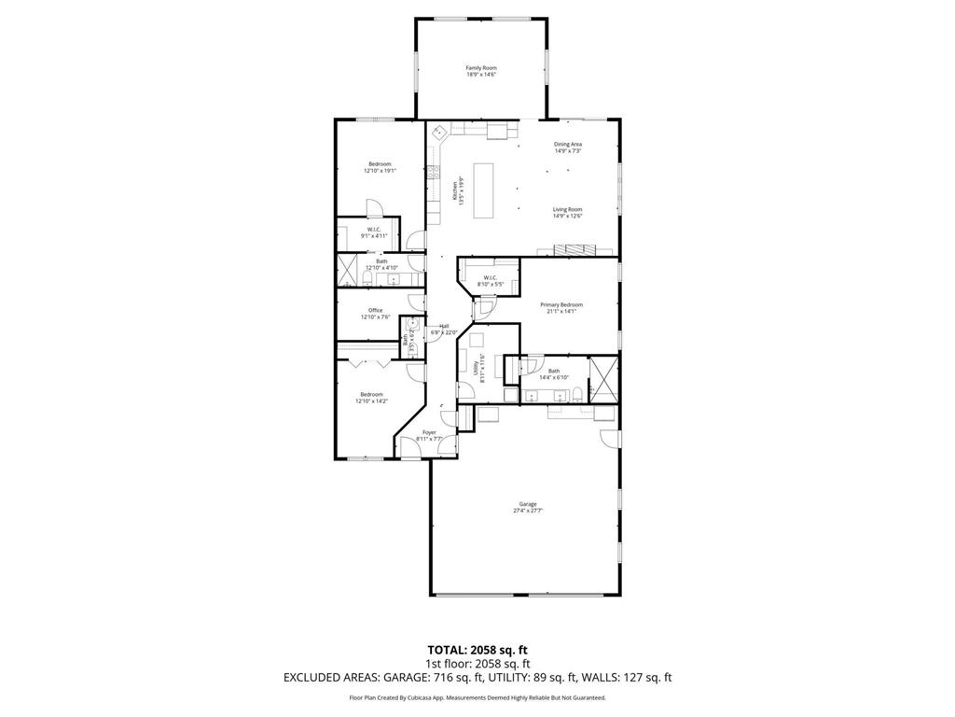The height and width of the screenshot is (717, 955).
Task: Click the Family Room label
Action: point(481,68)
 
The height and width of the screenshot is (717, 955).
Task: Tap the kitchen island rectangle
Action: point(484,190)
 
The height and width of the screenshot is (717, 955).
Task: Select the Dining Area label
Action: point(568,144)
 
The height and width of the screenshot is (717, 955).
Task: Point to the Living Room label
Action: point(567,209)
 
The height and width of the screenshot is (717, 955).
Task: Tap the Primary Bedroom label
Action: point(561,304)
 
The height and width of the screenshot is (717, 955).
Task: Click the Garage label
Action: point(528,504)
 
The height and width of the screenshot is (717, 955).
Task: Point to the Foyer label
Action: point(429,432)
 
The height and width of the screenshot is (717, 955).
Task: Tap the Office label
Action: point(375,310)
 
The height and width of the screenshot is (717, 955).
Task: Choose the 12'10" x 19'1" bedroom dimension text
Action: point(380,171)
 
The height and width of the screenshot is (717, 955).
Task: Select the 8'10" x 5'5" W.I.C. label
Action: point(490,283)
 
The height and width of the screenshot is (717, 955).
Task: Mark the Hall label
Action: point(444,326)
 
